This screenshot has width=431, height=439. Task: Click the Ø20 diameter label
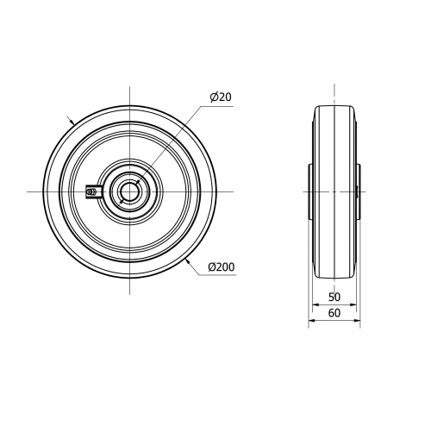click(220, 97)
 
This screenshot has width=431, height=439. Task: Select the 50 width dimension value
click(334, 297)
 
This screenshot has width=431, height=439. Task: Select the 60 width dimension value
click(334, 314)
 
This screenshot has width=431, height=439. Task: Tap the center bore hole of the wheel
click(129, 191)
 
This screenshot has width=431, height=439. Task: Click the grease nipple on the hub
click(92, 191)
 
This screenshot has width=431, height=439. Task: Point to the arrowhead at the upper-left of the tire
click(72, 121)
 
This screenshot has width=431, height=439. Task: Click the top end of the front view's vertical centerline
click(129, 87)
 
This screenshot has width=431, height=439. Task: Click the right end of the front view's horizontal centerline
click(233, 191)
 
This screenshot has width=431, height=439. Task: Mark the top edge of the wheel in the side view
click(334, 106)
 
